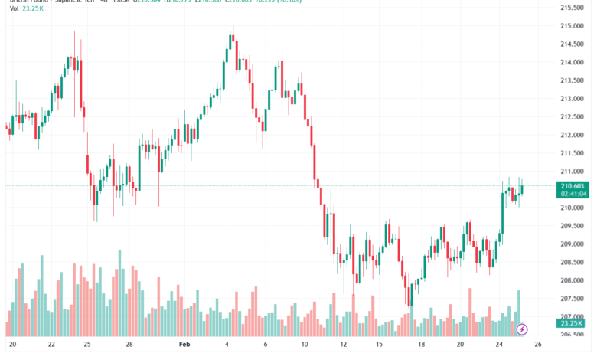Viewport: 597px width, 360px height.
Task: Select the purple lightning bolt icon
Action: click(x=522, y=329)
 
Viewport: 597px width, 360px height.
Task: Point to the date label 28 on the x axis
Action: click(x=130, y=345)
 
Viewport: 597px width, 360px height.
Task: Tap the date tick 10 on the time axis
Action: click(x=304, y=345)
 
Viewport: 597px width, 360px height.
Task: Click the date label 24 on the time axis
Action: click(x=499, y=345)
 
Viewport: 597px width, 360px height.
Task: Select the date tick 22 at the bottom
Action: click(x=51, y=345)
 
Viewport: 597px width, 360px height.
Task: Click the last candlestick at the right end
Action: click(x=522, y=189)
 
